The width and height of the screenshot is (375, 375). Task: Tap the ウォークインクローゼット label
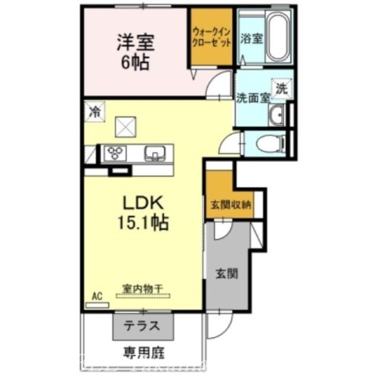point(211,37)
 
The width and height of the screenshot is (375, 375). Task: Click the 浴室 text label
point(251,39)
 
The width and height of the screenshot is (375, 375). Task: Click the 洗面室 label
point(253,98)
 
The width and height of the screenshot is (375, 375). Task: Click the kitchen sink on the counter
point(154,153)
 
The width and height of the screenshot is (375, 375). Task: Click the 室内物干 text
point(142,288)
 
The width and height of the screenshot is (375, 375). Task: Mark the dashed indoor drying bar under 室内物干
point(142,296)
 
